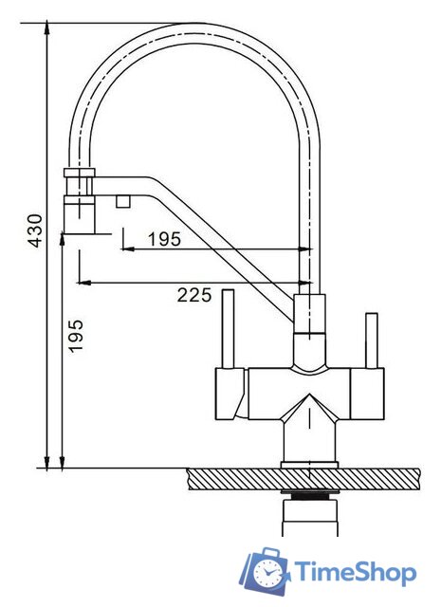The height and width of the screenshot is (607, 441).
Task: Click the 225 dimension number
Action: [x=194, y=295]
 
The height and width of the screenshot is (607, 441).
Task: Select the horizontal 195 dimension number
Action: [x=165, y=239]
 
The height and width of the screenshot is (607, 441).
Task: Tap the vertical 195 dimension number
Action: [x=76, y=335]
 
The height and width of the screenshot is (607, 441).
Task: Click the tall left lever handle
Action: [x=228, y=329]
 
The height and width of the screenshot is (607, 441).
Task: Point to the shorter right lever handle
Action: [x=372, y=340]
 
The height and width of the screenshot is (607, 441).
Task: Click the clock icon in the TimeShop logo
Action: [x=266, y=572]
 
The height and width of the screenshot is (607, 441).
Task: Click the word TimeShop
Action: [x=356, y=571]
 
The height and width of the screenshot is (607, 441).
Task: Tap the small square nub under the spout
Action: [x=122, y=201]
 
